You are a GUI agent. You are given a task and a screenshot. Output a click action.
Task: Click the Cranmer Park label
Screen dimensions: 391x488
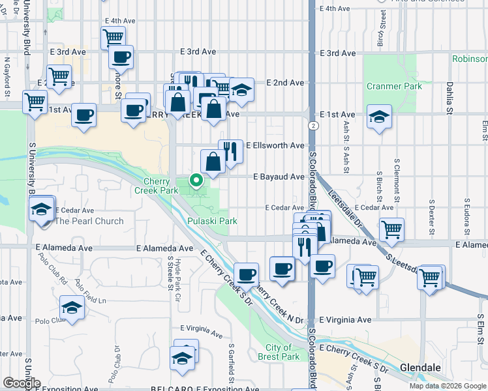[394, 86]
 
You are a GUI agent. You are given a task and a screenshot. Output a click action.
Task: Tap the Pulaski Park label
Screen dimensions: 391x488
[212, 221]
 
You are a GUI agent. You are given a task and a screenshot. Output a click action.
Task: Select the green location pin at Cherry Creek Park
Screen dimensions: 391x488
[195, 179]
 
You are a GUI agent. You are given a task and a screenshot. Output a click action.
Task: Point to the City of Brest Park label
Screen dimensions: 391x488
[279, 352]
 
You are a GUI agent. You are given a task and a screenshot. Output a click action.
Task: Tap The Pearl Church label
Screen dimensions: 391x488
[89, 221]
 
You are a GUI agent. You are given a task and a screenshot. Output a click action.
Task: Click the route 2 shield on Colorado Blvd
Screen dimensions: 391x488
[314, 125]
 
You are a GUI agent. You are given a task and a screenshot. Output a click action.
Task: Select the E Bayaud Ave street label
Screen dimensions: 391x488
[279, 177]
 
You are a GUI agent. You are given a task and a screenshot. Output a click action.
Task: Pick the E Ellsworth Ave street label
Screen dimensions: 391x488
[275, 145]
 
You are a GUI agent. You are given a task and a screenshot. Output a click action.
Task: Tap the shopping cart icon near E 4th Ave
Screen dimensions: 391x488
[114, 37]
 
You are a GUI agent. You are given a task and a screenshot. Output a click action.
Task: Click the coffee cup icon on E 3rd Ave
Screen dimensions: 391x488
[121, 57]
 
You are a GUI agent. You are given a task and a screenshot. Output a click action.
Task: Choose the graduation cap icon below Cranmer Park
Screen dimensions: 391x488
[379, 117]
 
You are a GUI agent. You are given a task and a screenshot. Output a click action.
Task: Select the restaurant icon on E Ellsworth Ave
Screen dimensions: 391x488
[230, 151]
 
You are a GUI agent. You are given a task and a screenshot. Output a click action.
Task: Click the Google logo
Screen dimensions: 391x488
[21, 383]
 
